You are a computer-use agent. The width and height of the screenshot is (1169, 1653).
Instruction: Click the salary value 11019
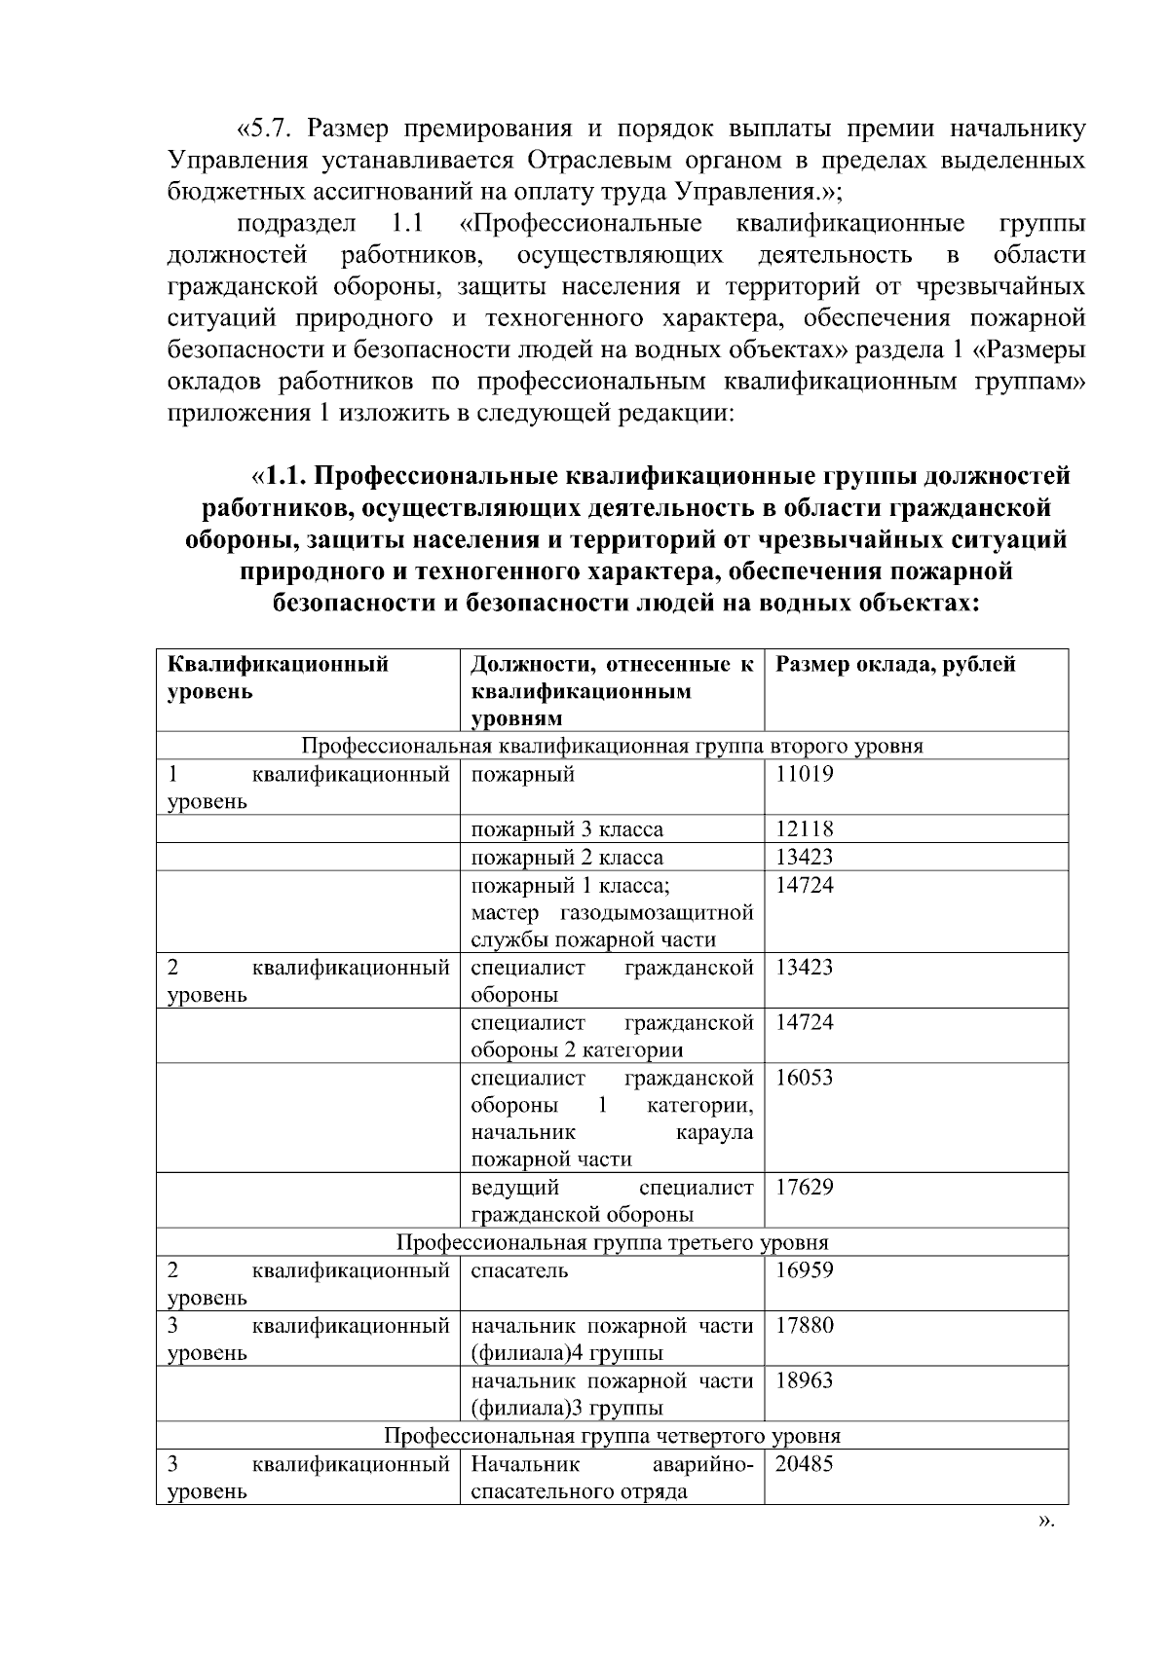tap(804, 775)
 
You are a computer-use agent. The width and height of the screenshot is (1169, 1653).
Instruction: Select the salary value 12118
tap(804, 829)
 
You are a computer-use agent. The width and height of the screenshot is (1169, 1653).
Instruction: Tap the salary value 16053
tap(804, 1078)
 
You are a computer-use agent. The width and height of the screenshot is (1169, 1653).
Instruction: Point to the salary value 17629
tap(804, 1188)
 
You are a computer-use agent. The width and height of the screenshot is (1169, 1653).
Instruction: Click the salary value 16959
tap(804, 1270)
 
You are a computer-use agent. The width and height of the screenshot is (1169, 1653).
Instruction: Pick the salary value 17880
tap(804, 1326)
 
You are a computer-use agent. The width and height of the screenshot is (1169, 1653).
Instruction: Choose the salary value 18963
tap(804, 1380)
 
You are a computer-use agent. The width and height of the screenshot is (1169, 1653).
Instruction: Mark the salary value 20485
tap(804, 1464)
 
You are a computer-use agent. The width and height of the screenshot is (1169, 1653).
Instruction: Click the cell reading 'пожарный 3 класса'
tap(567, 829)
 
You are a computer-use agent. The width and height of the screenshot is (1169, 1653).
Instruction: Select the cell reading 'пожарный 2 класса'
tap(567, 858)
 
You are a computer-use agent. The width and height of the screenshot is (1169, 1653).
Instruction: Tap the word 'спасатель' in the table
tap(519, 1270)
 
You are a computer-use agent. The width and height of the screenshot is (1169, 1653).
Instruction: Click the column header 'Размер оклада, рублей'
tap(895, 665)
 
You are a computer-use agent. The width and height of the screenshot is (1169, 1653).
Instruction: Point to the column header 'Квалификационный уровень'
tap(279, 678)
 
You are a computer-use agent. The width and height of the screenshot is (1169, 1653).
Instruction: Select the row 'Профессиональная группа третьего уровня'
tap(612, 1243)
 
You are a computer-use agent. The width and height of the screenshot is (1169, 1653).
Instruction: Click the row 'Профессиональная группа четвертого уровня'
tap(612, 1436)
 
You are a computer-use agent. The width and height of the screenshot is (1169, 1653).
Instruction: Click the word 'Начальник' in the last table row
tap(525, 1464)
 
